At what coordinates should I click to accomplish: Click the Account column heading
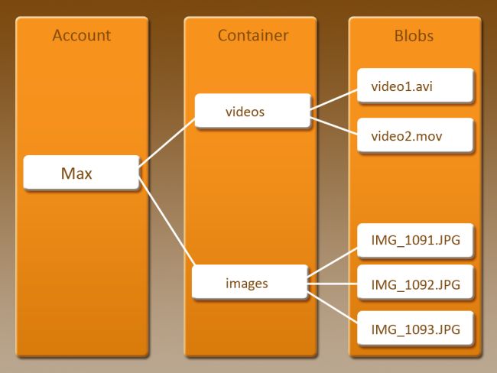tap(81, 35)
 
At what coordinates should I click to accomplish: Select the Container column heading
tap(252, 35)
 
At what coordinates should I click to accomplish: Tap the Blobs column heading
tap(414, 35)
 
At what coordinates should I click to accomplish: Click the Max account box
tap(81, 174)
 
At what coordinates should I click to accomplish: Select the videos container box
tap(252, 112)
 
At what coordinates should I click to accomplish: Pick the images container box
tap(249, 283)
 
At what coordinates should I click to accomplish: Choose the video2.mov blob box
tap(415, 135)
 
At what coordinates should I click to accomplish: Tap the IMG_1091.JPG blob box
tap(415, 242)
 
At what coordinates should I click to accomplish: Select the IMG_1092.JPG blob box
tap(415, 284)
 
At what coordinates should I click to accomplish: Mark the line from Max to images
tap(166, 221)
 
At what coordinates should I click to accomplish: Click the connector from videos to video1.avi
tap(334, 99)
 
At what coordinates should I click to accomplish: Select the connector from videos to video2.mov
tap(334, 125)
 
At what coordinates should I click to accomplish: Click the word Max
tap(76, 174)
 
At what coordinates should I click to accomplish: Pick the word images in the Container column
tap(247, 283)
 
